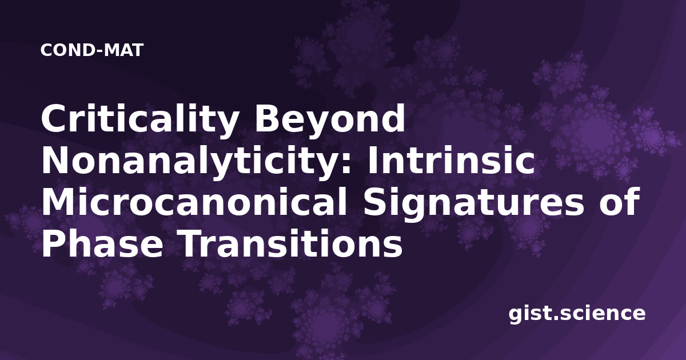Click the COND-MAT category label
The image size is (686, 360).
click(92, 50)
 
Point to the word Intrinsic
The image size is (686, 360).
click(451, 160)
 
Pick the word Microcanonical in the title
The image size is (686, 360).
click(194, 202)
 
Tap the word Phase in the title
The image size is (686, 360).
click(102, 244)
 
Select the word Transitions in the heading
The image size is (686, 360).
click(290, 244)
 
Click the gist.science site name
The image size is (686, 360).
click(577, 314)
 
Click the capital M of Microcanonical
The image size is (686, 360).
click(58, 202)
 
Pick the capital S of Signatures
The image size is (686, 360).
click(376, 202)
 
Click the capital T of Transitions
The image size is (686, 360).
click(192, 244)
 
